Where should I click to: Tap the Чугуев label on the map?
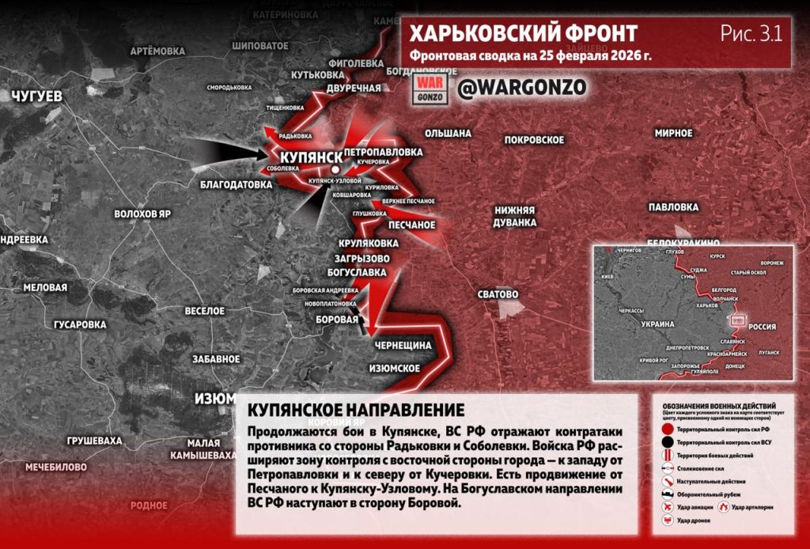click(x=37, y=97)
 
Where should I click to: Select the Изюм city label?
click(x=214, y=397)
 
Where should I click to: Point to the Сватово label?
click(x=498, y=294)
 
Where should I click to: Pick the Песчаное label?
click(x=412, y=225)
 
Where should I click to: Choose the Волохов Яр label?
click(x=142, y=214)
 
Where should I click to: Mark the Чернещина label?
click(x=403, y=346)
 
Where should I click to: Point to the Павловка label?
click(x=671, y=207)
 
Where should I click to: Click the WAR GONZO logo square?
click(x=432, y=87)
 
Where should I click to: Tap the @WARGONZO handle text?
click(x=521, y=88)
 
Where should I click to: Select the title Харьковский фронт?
click(x=523, y=33)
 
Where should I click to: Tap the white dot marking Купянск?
click(x=336, y=169)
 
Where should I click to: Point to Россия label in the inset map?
click(x=762, y=326)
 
